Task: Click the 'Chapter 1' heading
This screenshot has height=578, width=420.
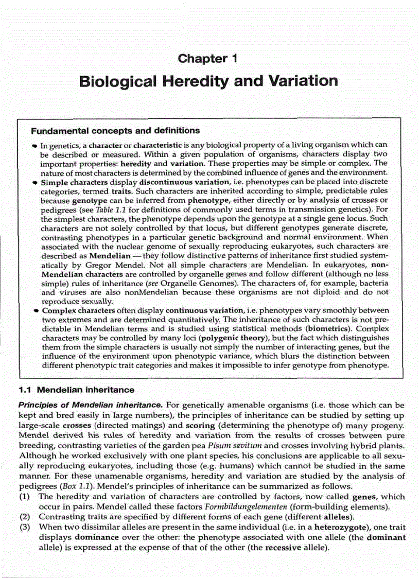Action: point(207,58)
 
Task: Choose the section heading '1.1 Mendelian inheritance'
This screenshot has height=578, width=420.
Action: point(76,389)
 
